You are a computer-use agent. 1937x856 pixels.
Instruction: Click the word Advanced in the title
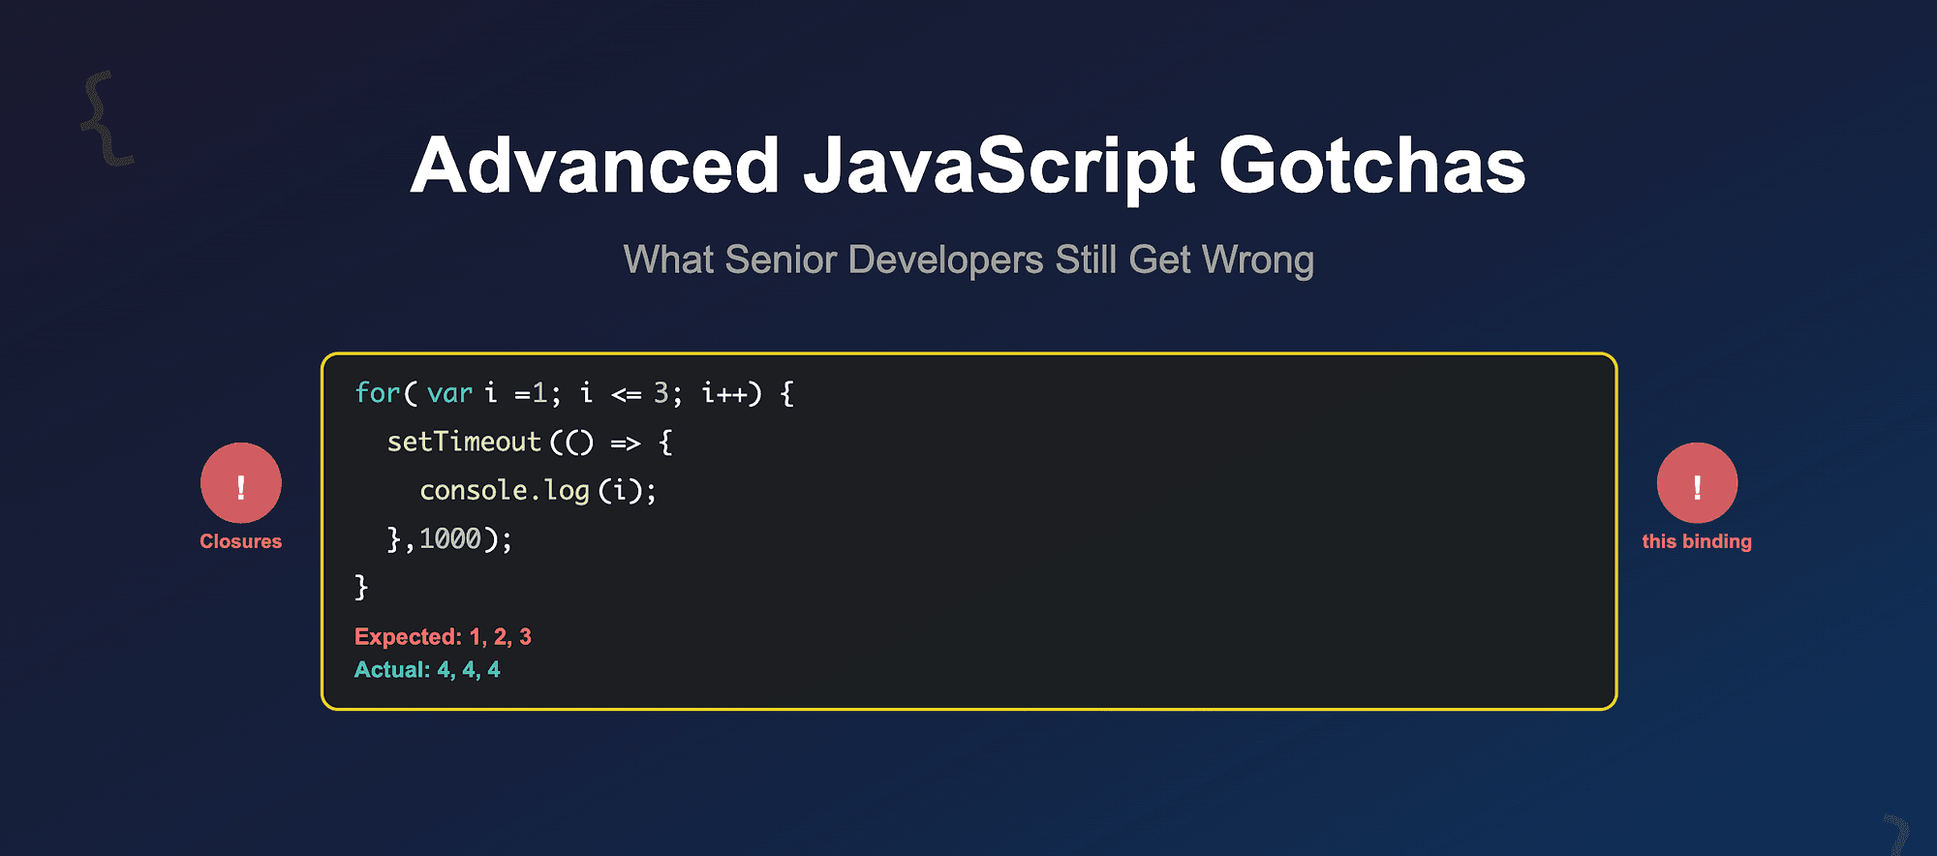point(595,167)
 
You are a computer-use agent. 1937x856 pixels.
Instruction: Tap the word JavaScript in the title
point(999,167)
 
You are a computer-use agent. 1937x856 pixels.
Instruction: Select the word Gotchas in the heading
point(1371,167)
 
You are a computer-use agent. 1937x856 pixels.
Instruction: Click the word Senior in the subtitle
point(781,260)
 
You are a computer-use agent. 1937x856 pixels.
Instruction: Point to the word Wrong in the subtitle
point(1257,260)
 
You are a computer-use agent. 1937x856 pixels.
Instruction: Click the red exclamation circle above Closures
point(241,483)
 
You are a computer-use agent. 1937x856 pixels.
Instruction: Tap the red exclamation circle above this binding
point(1697,483)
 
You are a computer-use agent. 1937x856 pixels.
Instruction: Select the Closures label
point(241,541)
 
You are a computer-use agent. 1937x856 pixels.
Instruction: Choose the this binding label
point(1697,541)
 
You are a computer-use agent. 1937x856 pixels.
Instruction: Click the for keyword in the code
point(377,393)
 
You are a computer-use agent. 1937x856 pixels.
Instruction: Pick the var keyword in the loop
point(449,393)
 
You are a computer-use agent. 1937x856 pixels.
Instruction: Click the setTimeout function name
point(464,443)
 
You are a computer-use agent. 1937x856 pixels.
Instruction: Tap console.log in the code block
point(505,491)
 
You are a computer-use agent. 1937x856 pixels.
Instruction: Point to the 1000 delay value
point(450,538)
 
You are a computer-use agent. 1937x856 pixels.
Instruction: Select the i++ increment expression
point(724,393)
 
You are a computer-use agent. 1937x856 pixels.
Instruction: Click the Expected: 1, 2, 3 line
point(443,636)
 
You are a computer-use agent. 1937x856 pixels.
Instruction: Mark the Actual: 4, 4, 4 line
point(427,669)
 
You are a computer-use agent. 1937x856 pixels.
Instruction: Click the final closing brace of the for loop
point(361,587)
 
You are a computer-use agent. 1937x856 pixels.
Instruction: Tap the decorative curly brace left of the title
point(106,118)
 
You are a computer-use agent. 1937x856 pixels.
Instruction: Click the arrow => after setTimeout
point(626,443)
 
